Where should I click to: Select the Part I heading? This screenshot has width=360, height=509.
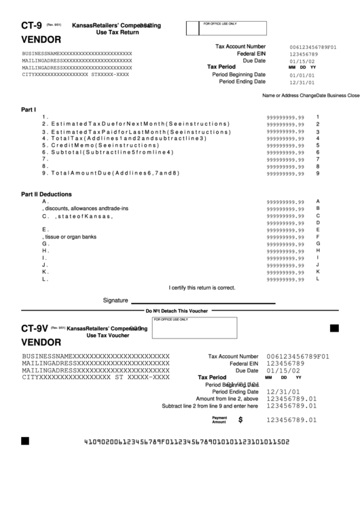click(x=29, y=109)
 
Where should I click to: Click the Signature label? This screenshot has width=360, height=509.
click(x=115, y=300)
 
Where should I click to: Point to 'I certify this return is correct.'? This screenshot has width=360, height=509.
click(x=202, y=287)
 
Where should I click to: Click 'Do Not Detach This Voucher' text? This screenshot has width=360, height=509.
click(x=177, y=311)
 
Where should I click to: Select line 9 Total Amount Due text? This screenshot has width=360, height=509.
click(x=110, y=173)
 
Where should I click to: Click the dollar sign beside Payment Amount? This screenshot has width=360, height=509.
click(x=240, y=420)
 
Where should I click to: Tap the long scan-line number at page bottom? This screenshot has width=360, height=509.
click(x=186, y=442)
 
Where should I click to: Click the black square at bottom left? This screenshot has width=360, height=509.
click(x=25, y=441)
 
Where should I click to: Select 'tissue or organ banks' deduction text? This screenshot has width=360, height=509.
click(x=69, y=236)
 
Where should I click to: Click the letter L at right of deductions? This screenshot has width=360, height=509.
click(x=317, y=278)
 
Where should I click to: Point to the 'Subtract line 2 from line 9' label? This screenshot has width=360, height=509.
click(x=210, y=406)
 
